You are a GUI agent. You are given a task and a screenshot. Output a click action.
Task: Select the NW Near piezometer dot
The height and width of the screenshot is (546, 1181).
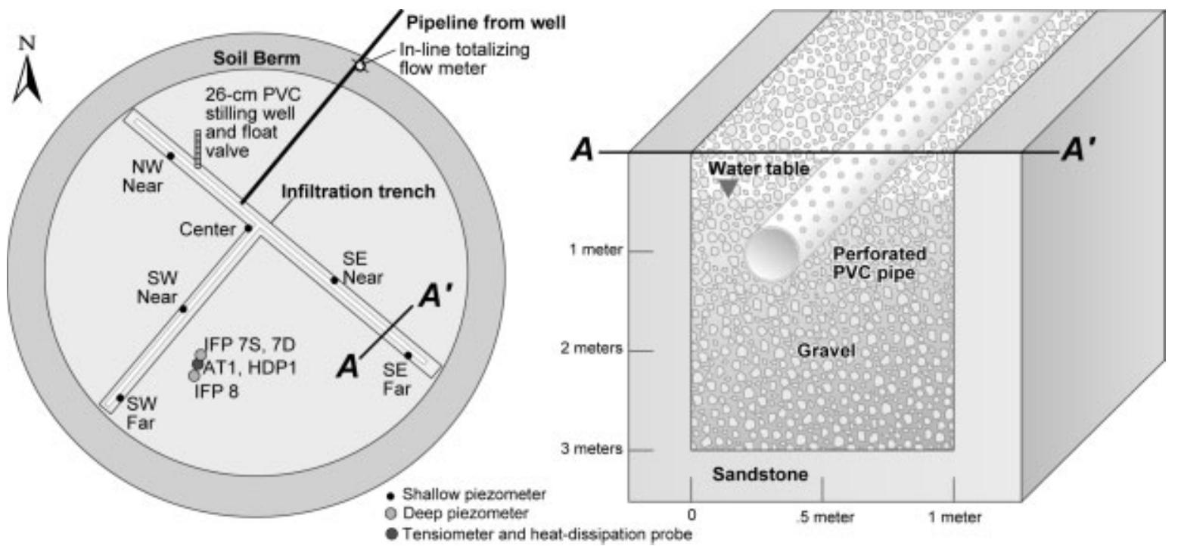click(171, 156)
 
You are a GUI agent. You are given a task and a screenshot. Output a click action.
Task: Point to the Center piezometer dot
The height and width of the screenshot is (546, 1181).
click(247, 228)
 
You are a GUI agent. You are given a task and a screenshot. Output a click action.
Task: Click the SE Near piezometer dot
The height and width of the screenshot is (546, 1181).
click(334, 280)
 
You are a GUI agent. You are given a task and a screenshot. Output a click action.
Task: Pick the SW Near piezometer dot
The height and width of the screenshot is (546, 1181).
click(182, 308)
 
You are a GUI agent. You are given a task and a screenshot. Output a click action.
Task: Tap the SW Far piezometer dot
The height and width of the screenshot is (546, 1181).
click(120, 397)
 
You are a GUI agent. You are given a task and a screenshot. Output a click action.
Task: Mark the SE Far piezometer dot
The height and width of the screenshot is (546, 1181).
click(408, 355)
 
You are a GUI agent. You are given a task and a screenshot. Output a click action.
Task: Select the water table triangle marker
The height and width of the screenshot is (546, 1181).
click(727, 188)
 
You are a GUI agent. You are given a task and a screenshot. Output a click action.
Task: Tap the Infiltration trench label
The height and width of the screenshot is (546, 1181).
click(358, 192)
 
